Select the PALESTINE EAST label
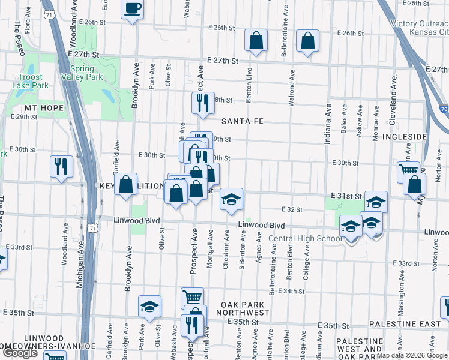click(405, 324)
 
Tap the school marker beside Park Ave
click(149, 307)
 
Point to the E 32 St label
click(292, 209)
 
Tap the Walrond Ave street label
click(291, 88)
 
